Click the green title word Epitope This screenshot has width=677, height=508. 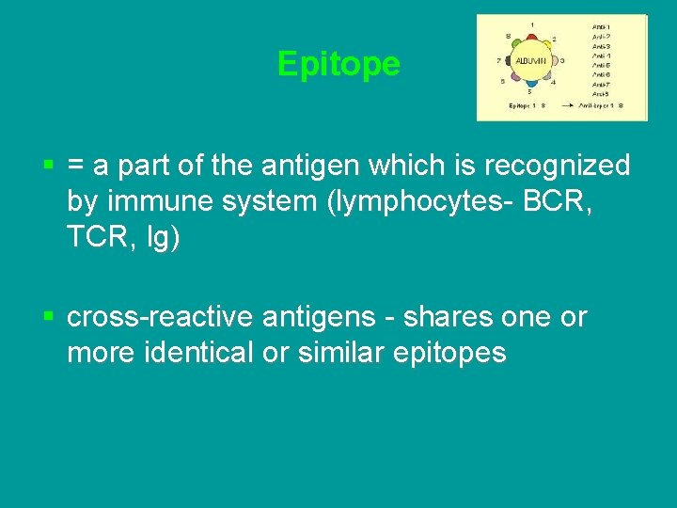(338, 64)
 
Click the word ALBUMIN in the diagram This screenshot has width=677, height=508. (529, 60)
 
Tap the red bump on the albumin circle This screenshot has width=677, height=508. (532, 37)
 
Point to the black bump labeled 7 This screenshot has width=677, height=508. (510, 61)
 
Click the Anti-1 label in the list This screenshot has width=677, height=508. (602, 26)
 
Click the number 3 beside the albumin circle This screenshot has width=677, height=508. (561, 60)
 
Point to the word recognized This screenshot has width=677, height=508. (556, 167)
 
